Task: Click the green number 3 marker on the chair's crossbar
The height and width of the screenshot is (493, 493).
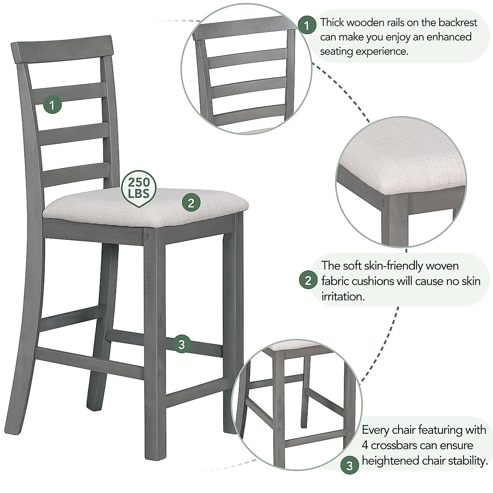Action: [182, 344]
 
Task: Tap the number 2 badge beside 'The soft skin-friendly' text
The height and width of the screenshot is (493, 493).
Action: [308, 281]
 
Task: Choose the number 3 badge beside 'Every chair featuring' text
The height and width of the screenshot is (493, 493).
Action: [349, 466]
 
